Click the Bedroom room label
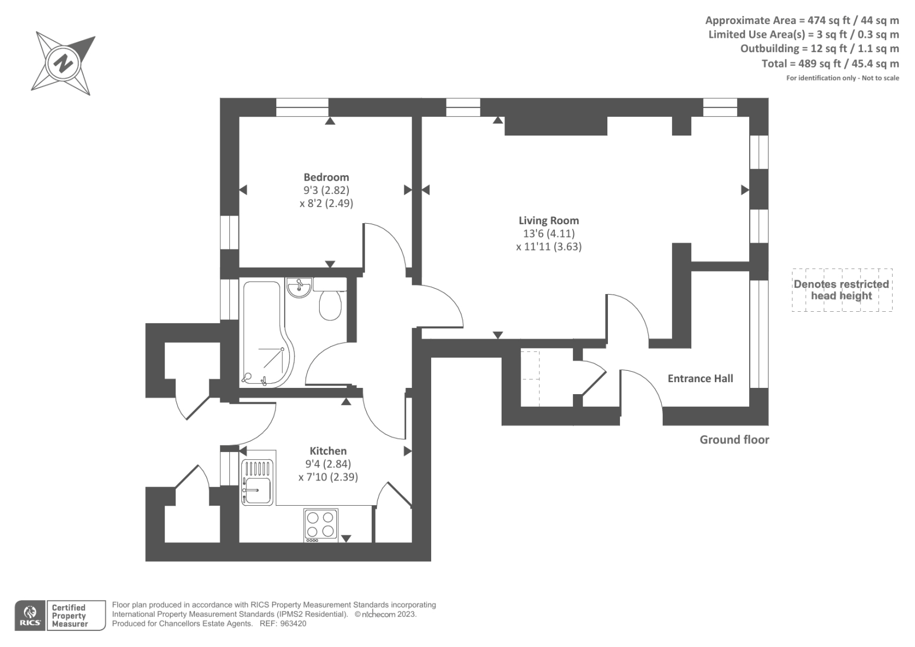pos(326,177)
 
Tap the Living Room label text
pos(548,220)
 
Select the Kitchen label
pos(328,451)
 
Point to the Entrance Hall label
pos(700,378)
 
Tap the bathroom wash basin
pos(299,288)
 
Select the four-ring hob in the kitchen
pos(320,524)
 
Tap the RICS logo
pos(30,616)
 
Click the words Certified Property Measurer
pos(69,616)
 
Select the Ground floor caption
pos(734,439)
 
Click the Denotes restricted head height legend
pos(841,290)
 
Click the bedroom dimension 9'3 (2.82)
pos(326,190)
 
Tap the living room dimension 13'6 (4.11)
pos(548,233)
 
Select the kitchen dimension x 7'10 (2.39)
pos(328,477)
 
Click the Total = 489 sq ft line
pos(830,63)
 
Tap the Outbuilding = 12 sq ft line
pos(819,49)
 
